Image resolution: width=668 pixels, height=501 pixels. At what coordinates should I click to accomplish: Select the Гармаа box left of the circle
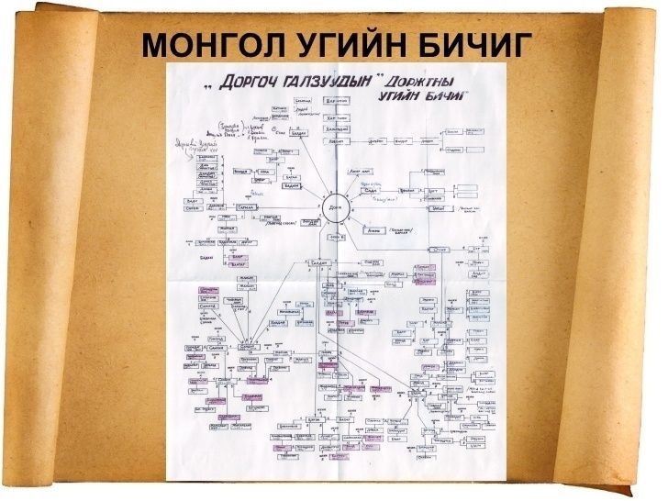coord(246,208)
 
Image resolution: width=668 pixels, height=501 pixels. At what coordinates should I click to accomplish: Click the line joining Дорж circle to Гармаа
coord(289,208)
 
